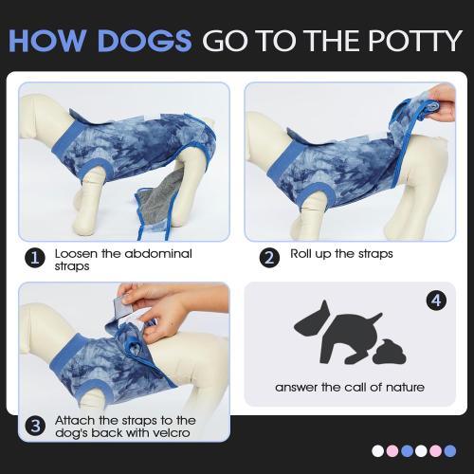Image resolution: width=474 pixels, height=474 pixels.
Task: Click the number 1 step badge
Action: tap(35, 258)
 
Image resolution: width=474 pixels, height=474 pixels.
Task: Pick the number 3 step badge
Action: tap(35, 426)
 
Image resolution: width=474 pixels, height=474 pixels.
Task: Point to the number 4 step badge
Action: tap(435, 301)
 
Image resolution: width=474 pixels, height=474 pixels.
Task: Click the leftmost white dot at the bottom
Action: tap(378, 451)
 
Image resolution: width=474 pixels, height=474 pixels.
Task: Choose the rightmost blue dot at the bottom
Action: tap(449, 451)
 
